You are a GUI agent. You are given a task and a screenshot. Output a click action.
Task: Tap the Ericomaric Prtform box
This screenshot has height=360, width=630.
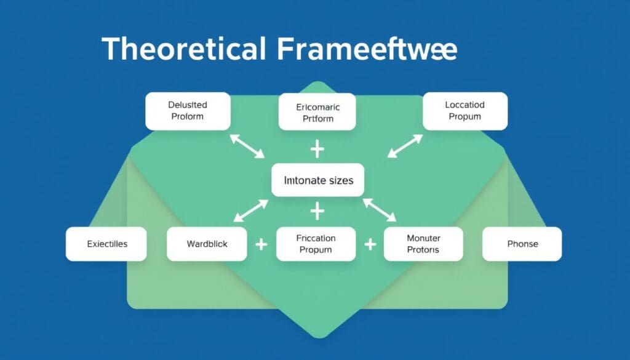click(x=317, y=112)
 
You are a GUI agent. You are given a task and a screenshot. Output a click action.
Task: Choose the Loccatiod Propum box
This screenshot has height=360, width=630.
click(x=465, y=111)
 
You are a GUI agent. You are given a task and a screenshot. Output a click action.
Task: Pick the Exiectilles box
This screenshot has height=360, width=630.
click(x=106, y=244)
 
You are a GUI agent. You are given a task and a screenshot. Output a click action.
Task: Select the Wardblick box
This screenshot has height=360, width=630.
click(x=207, y=244)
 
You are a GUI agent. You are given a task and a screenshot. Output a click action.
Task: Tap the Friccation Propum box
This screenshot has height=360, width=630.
click(x=316, y=244)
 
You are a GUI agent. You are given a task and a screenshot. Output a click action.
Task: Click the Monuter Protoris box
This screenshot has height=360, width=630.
click(x=423, y=244)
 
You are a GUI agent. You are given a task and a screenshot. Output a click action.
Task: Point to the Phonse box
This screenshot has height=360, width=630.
click(x=522, y=244)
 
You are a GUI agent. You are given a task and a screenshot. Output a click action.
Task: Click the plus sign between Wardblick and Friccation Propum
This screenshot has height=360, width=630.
click(x=261, y=244)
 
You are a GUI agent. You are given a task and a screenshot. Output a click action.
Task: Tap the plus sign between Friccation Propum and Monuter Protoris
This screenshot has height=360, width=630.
click(x=370, y=244)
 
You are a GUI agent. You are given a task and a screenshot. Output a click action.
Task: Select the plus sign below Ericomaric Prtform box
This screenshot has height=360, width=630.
click(x=317, y=149)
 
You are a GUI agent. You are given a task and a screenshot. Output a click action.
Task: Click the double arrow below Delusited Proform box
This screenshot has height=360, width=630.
click(x=247, y=146)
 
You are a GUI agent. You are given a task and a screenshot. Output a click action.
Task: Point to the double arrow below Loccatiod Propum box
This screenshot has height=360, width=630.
click(x=405, y=146)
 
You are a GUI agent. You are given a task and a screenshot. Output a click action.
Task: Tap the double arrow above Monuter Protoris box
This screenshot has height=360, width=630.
click(x=380, y=209)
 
